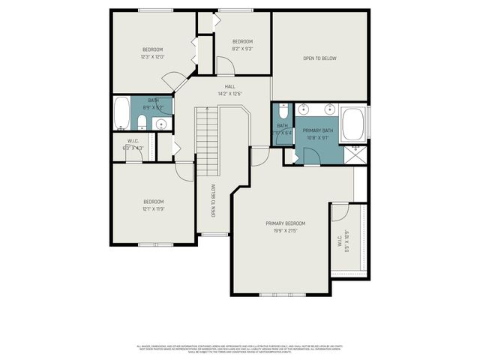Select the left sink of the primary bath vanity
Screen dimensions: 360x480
[305, 109]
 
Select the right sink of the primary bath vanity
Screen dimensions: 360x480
[328, 109]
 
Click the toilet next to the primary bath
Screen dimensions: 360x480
[283, 110]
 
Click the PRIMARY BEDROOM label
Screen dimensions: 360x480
[285, 223]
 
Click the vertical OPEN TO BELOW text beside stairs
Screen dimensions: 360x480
[214, 201]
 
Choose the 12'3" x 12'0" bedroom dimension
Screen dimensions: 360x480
[152, 56]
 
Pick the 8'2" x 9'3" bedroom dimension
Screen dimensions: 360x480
[241, 48]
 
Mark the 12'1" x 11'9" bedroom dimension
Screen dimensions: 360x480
[154, 208]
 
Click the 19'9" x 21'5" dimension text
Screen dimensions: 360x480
[285, 230]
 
